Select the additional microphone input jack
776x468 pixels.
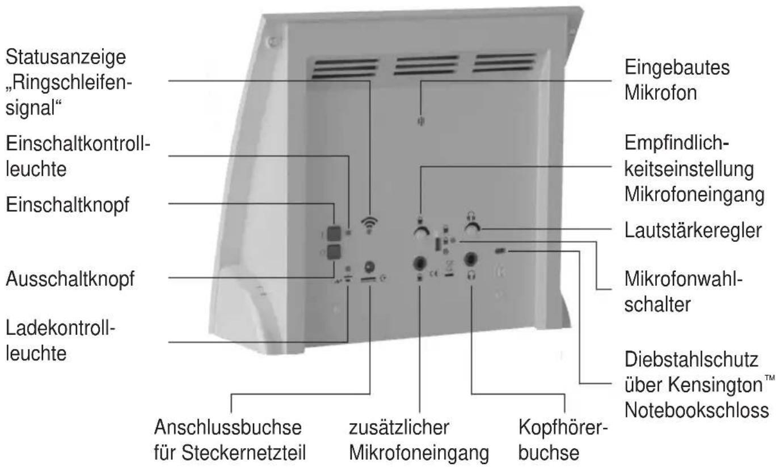pyautogui.click(x=420, y=262)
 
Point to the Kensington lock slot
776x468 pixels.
pyautogui.click(x=501, y=250)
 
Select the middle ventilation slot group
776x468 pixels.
pyautogui.click(x=420, y=65)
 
